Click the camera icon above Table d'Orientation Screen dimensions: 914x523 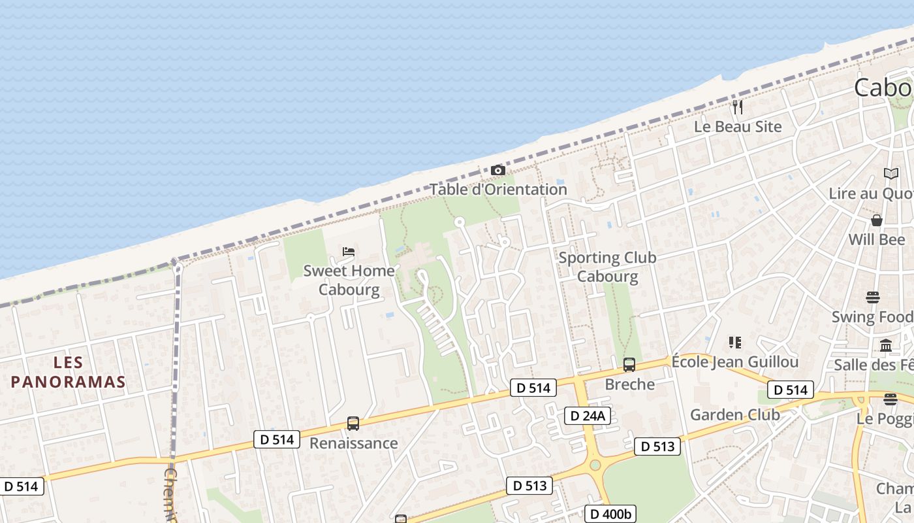pos(497,171)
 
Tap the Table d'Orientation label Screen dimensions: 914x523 pos(498,190)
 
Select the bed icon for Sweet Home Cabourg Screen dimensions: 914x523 pos(349,252)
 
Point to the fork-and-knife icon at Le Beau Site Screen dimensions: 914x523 pos(738,107)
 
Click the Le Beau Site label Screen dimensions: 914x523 pos(738,127)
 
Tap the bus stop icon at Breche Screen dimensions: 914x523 pos(629,365)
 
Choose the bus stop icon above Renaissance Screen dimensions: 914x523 pos(353,424)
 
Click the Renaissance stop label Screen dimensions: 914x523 pos(353,443)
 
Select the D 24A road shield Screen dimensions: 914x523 pos(588,416)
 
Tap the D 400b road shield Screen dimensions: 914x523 pos(610,515)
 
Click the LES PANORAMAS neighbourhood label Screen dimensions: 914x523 pos(68,372)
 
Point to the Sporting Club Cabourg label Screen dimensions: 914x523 pos(607,267)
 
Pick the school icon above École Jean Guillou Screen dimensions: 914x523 pos(735,343)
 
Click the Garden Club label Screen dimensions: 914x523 pos(735,414)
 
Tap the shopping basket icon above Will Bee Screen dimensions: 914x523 pos(877,220)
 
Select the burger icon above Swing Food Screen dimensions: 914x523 pos(873,297)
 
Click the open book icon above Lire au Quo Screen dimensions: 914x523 pos(891,174)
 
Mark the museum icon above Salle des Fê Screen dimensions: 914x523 pos(886,345)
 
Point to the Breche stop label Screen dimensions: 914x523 pos(629,384)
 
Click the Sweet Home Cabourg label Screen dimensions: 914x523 pos(349,280)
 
